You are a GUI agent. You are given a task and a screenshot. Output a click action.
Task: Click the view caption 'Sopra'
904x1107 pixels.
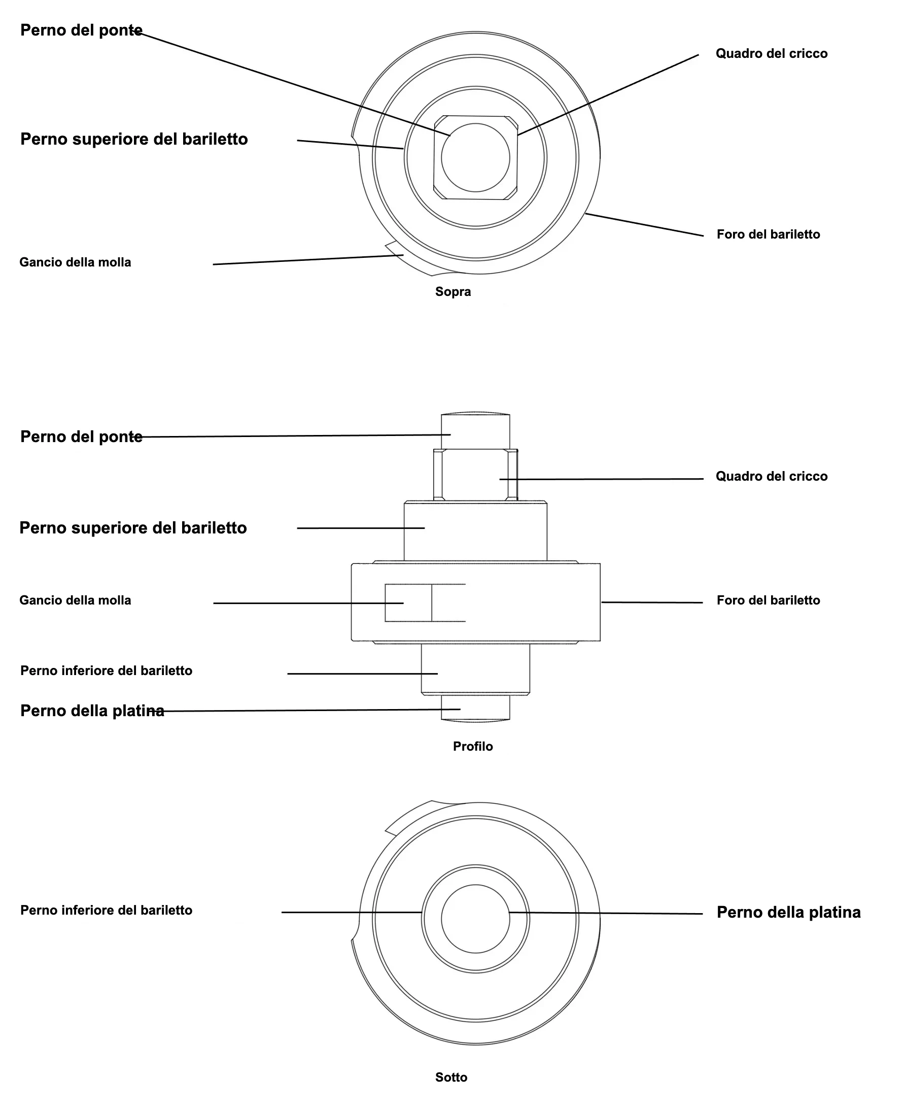[453, 292]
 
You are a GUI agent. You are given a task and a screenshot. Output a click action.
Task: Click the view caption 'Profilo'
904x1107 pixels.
[473, 747]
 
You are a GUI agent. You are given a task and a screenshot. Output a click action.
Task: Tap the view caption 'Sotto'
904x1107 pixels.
[451, 1077]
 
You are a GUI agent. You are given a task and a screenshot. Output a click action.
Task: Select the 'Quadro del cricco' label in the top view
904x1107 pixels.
[772, 54]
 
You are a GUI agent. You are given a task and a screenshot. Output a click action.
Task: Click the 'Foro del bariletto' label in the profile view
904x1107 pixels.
[769, 600]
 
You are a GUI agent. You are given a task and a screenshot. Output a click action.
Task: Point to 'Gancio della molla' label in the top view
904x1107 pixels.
[76, 262]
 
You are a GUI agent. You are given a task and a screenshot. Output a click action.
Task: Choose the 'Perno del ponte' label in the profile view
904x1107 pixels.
[81, 437]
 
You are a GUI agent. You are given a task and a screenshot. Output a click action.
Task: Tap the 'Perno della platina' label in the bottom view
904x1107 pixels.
[789, 912]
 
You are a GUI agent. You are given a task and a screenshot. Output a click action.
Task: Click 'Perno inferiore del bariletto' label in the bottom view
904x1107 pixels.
[106, 910]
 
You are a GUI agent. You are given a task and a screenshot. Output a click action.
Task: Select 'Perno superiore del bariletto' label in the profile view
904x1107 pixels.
[133, 528]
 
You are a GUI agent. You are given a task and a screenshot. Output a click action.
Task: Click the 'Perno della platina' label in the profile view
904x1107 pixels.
[92, 711]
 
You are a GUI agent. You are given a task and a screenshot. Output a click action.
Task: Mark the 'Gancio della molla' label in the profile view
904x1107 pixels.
[76, 600]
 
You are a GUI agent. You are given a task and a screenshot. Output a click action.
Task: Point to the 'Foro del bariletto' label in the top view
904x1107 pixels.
[769, 234]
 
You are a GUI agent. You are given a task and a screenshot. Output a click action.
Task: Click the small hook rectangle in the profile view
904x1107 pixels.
[408, 602]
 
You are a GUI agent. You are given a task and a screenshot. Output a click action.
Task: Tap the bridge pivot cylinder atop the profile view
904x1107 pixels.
[475, 431]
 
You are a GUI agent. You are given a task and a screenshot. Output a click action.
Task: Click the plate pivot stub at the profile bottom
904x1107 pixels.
[475, 708]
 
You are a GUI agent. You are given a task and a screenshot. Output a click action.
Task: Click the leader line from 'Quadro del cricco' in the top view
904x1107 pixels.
[608, 95]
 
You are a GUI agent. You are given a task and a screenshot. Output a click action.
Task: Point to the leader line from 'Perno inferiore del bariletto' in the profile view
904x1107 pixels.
[362, 674]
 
